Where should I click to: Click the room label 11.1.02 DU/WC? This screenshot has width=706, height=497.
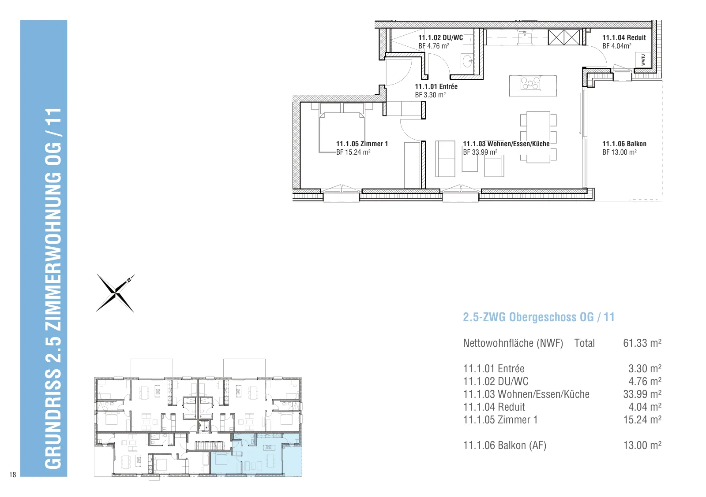(440, 38)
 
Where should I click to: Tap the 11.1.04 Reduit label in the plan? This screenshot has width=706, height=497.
(624, 38)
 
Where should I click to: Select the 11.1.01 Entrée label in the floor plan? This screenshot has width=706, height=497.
(436, 86)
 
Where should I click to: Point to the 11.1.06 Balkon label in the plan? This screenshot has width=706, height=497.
(624, 144)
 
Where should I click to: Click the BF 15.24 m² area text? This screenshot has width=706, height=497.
(353, 152)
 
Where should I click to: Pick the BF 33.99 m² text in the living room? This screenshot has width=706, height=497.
(480, 152)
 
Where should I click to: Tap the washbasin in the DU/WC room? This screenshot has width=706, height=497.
(467, 61)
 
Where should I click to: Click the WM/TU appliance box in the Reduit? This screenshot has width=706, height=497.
(643, 60)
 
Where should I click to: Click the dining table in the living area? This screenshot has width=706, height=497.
(538, 137)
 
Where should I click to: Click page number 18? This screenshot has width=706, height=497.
(12, 475)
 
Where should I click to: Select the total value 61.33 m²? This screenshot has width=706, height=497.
(642, 343)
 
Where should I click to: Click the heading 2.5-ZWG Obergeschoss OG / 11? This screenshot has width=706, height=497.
(539, 317)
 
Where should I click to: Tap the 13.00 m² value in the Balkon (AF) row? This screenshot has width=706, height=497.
(642, 445)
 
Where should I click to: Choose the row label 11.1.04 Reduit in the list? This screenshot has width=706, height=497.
(494, 407)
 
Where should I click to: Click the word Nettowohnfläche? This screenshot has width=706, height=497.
(498, 343)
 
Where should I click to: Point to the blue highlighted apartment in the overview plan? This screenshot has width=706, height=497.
(256, 455)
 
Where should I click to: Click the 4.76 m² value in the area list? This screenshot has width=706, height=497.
(645, 382)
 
